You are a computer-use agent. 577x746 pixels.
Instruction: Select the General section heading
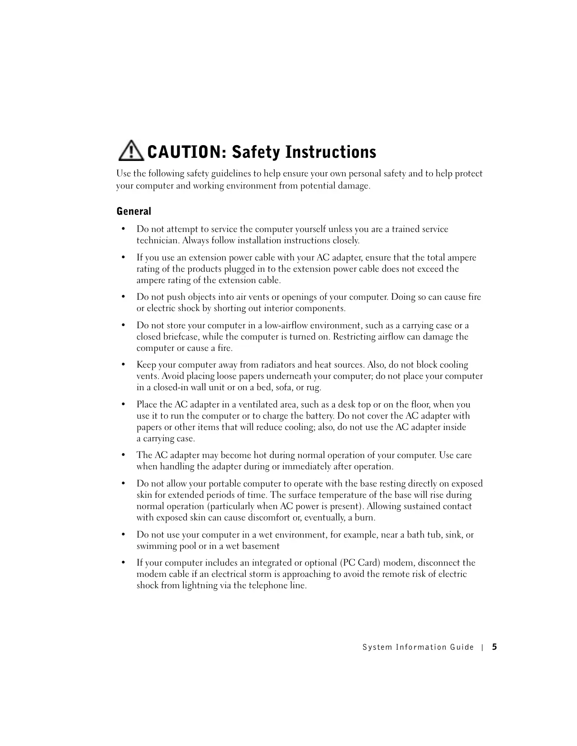click(x=134, y=211)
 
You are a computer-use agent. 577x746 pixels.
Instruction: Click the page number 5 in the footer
click(x=495, y=647)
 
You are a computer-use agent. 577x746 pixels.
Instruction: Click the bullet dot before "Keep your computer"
click(x=123, y=365)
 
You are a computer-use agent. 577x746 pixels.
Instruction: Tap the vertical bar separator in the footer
click(x=482, y=647)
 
